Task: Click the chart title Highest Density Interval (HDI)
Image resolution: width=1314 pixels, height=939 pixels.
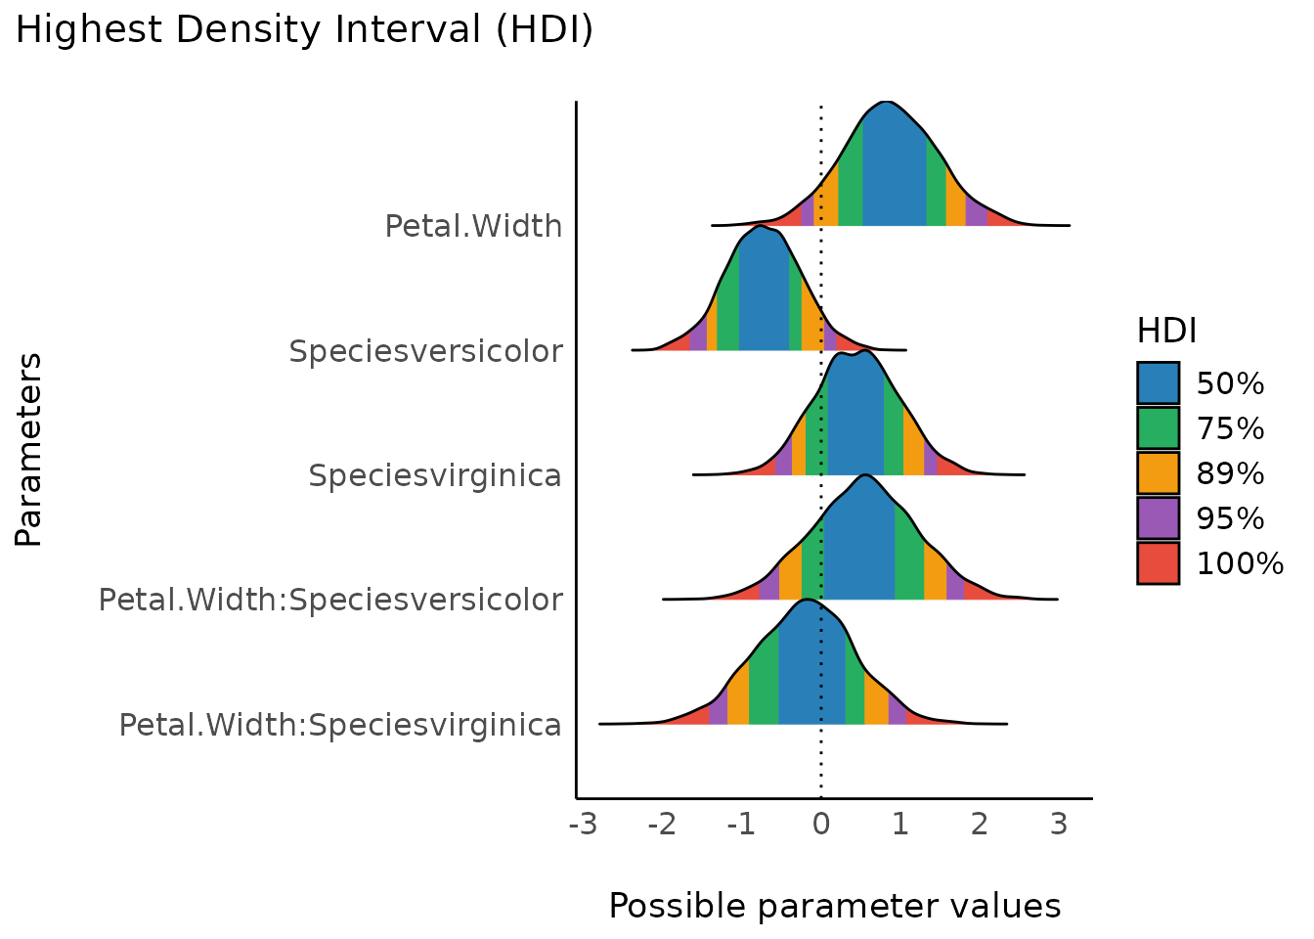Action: pyautogui.click(x=304, y=30)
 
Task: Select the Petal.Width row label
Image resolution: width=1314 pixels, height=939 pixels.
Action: pyautogui.click(x=473, y=226)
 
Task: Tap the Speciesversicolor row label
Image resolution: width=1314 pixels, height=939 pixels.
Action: pyautogui.click(x=425, y=350)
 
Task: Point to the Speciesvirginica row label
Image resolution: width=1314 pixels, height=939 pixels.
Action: pyautogui.click(x=435, y=475)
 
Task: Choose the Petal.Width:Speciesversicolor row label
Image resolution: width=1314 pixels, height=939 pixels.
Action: pyautogui.click(x=330, y=599)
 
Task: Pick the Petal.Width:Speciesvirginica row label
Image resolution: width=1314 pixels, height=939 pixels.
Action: pyautogui.click(x=340, y=724)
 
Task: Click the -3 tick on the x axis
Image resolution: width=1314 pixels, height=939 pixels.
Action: pyautogui.click(x=583, y=825)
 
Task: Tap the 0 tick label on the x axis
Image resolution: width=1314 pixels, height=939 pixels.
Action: pyautogui.click(x=820, y=825)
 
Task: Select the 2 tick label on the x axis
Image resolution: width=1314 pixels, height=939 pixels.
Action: pyautogui.click(x=979, y=825)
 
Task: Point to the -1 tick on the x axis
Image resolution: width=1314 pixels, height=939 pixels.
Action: pyautogui.click(x=741, y=825)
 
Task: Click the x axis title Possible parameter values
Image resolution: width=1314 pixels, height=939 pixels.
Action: pyautogui.click(x=834, y=906)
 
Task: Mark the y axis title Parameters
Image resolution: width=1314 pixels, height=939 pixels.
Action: pyautogui.click(x=29, y=450)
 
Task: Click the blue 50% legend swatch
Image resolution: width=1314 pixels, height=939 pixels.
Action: pyautogui.click(x=1158, y=383)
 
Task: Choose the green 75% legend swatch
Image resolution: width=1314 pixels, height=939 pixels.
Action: pyautogui.click(x=1158, y=428)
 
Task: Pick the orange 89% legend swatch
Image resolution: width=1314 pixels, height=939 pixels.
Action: pyautogui.click(x=1158, y=473)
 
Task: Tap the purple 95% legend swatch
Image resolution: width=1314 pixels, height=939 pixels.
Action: pyautogui.click(x=1158, y=517)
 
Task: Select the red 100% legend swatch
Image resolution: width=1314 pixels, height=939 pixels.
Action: pyautogui.click(x=1158, y=562)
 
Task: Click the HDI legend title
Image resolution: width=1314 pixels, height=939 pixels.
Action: pyautogui.click(x=1166, y=332)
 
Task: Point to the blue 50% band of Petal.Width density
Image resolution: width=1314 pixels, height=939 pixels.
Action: pyautogui.click(x=894, y=171)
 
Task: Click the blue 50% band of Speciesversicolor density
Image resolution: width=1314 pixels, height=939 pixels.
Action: pyautogui.click(x=763, y=293)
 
